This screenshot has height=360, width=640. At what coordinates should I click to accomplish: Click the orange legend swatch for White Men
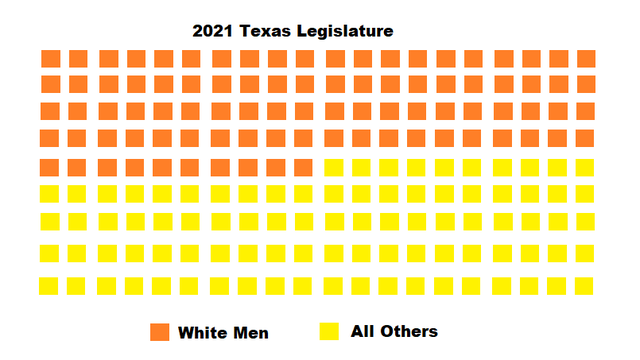click(160, 332)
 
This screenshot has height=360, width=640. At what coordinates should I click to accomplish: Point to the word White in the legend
click(203, 332)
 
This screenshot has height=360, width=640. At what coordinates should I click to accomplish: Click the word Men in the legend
click(250, 332)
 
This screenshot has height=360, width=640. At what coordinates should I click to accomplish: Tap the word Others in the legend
click(410, 331)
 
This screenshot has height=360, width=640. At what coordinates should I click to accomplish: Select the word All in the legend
click(364, 331)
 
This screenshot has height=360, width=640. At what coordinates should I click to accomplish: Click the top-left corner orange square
click(49, 59)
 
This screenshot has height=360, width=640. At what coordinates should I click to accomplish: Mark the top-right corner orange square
click(586, 59)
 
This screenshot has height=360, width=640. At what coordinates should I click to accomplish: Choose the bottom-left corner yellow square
click(49, 286)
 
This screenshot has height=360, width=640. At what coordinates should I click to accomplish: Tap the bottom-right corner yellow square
click(586, 286)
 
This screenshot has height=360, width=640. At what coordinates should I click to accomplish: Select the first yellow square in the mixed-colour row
click(333, 167)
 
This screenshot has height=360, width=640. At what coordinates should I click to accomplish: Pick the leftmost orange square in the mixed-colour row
click(49, 167)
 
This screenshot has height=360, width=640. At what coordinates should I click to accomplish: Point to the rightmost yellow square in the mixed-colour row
click(586, 167)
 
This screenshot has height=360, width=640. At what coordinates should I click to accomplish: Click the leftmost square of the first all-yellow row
click(49, 193)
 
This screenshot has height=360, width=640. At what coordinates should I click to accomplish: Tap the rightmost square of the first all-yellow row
click(586, 193)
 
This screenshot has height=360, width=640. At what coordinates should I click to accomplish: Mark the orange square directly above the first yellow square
click(333, 137)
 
